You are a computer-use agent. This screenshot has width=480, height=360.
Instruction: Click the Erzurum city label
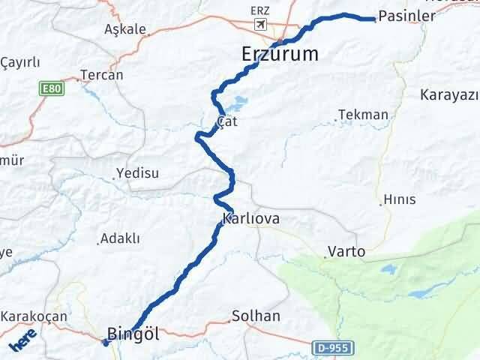[x=280, y=54]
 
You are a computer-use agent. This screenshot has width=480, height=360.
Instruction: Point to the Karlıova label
[x=251, y=220]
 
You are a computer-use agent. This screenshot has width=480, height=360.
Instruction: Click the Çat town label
[x=226, y=121]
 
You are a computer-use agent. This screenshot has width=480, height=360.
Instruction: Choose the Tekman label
[x=364, y=115]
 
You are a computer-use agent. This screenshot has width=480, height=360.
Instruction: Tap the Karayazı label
[x=450, y=95]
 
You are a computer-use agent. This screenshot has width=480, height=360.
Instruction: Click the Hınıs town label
[x=399, y=199]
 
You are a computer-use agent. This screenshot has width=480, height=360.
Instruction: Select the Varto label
[x=346, y=252]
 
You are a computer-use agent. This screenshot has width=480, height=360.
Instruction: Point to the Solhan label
[x=256, y=316]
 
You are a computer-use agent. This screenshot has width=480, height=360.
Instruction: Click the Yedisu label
[x=139, y=173]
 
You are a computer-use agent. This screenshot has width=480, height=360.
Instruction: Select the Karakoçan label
[x=34, y=316]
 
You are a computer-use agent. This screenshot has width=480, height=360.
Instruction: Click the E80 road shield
[x=50, y=88]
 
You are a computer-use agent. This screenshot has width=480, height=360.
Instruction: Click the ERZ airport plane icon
[x=260, y=25]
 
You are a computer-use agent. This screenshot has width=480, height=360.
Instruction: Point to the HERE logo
[x=23, y=343]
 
